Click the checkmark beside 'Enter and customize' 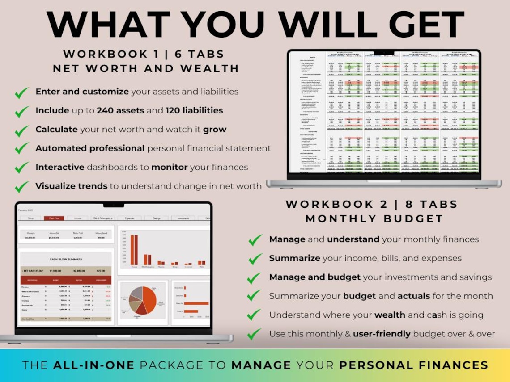click(x=21, y=93)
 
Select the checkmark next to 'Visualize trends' click(x=21, y=187)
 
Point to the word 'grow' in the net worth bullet click(x=215, y=130)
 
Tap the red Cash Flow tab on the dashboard click(x=54, y=218)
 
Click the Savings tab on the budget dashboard click(x=156, y=218)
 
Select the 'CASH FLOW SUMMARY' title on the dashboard click(x=66, y=259)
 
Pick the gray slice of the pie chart click(x=137, y=293)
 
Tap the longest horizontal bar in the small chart click(x=196, y=303)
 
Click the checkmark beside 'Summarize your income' click(x=255, y=259)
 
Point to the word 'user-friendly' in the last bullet click(x=381, y=334)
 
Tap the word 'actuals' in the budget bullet click(x=414, y=296)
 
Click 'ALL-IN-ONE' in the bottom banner click(x=93, y=365)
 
